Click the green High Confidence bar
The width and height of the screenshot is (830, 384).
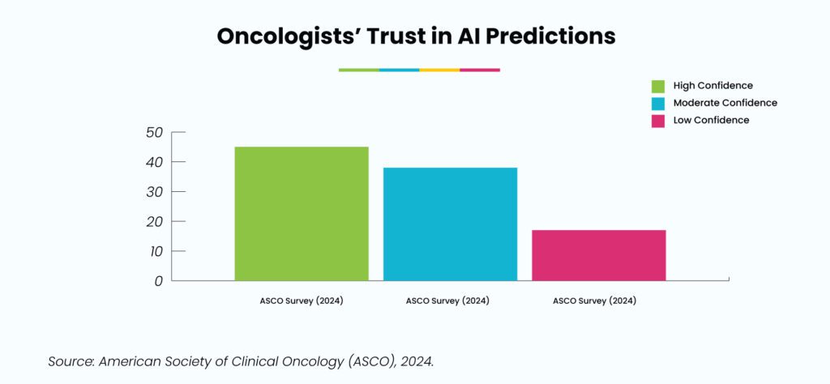pyautogui.click(x=302, y=214)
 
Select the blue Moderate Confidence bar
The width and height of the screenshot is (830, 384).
pyautogui.click(x=450, y=224)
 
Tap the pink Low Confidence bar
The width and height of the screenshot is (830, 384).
pyautogui.click(x=599, y=255)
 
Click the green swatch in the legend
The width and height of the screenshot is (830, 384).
pyautogui.click(x=658, y=86)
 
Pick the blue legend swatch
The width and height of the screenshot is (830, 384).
pyautogui.click(x=658, y=103)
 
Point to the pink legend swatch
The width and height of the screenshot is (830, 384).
pyautogui.click(x=658, y=121)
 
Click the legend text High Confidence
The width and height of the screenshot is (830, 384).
pyautogui.click(x=713, y=86)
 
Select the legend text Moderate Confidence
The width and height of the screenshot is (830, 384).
pyautogui.click(x=725, y=103)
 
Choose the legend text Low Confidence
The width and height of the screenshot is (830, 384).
pyautogui.click(x=712, y=120)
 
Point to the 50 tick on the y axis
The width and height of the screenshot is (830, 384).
pyautogui.click(x=155, y=132)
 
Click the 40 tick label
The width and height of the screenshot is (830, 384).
pyautogui.click(x=155, y=162)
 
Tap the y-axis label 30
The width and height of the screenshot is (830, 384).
pyautogui.click(x=155, y=191)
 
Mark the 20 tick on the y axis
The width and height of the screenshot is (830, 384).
pyautogui.click(x=155, y=222)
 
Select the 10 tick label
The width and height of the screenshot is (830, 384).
pyautogui.click(x=156, y=251)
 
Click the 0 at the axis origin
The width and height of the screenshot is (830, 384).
pyautogui.click(x=160, y=281)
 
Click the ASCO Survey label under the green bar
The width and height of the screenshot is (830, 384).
pyautogui.click(x=302, y=301)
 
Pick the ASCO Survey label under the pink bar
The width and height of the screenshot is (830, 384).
pyautogui.click(x=594, y=301)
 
